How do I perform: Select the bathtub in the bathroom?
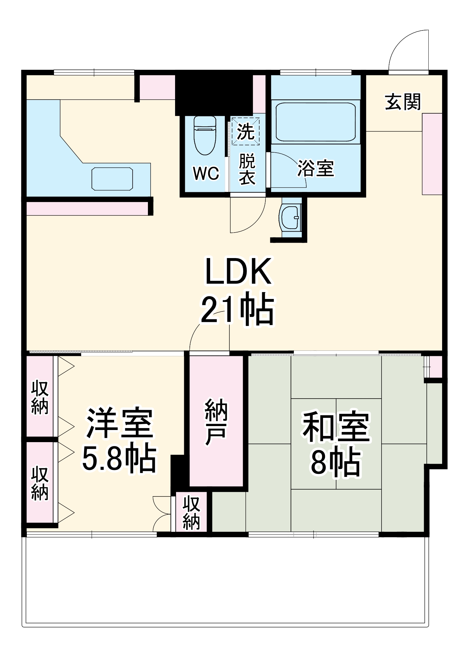(315, 122)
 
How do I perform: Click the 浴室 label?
(315, 168)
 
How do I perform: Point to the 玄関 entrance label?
(403, 102)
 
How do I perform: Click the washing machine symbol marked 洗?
(245, 131)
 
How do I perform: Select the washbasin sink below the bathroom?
(291, 217)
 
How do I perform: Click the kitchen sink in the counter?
(112, 178)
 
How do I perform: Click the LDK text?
(238, 271)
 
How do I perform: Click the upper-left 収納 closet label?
(40, 398)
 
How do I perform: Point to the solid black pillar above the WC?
(214, 93)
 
